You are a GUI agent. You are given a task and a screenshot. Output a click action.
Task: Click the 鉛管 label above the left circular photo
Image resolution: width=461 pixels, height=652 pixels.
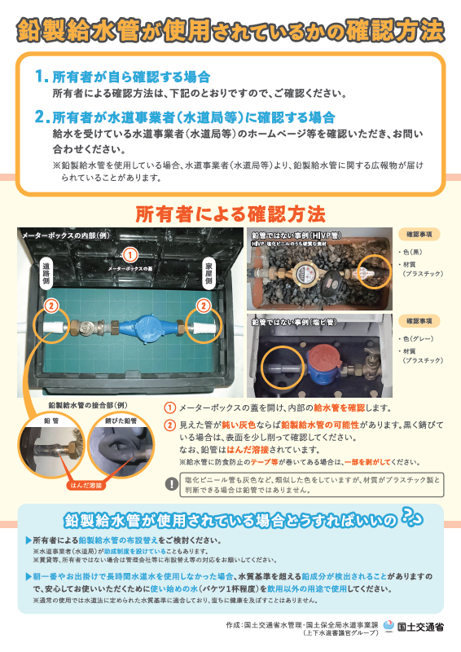click(49, 421)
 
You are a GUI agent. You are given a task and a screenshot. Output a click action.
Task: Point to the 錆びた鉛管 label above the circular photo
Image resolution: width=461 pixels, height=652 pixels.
click(120, 421)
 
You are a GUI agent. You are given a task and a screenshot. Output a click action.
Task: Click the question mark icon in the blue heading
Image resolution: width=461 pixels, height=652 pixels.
click(412, 518)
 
